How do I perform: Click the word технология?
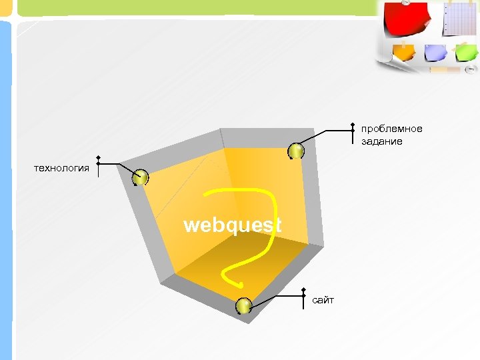[x=61, y=168]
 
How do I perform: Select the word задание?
[x=382, y=142]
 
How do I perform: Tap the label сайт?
[x=323, y=301]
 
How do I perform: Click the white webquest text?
[x=232, y=225]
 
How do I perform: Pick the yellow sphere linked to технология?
[x=140, y=178]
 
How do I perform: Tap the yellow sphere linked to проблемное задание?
[x=296, y=151]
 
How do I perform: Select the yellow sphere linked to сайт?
[x=243, y=306]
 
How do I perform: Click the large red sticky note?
[x=407, y=21]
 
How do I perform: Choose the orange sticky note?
[x=404, y=51]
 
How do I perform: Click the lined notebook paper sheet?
[x=461, y=18]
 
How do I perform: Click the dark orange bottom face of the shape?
[x=240, y=267]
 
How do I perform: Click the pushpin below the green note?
[x=470, y=69]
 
